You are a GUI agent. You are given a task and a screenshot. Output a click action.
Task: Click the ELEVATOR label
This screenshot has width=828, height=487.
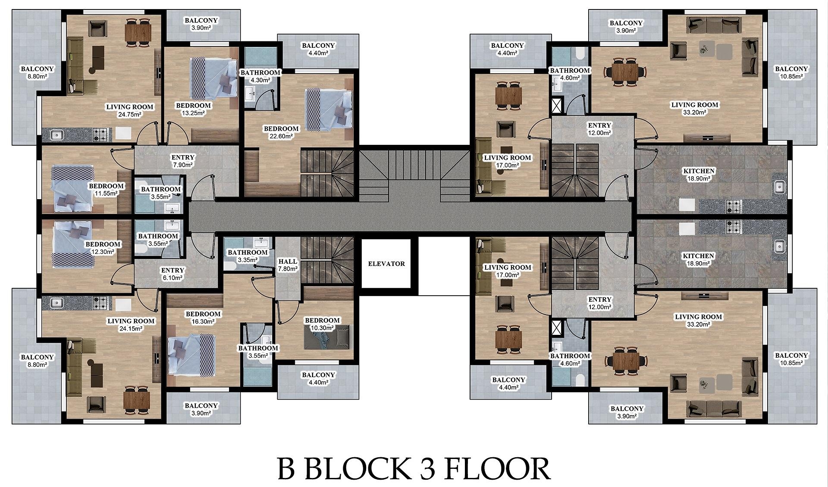point(386,264)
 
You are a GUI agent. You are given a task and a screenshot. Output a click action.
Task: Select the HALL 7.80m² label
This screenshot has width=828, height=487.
point(288,265)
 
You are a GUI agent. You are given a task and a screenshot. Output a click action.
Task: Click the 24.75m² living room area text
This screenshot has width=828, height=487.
point(130,114)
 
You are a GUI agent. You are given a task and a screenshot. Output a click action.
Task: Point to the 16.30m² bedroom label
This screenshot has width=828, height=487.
point(203,318)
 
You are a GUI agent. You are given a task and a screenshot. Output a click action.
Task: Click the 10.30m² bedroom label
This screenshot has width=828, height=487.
point(322,324)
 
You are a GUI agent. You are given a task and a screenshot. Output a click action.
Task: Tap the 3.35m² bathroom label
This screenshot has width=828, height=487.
point(248,256)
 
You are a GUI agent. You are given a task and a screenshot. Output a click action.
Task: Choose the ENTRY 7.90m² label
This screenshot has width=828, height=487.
point(183,161)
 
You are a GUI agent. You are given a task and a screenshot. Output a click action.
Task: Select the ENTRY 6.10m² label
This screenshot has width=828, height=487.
point(172,274)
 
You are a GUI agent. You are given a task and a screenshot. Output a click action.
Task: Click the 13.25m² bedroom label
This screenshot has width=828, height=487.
point(193,109)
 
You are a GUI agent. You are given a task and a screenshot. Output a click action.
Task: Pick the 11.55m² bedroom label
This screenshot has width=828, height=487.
point(106,190)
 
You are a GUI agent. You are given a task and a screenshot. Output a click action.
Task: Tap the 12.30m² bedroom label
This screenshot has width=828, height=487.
point(103,248)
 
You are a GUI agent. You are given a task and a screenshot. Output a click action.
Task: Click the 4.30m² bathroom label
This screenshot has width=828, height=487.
point(260,76)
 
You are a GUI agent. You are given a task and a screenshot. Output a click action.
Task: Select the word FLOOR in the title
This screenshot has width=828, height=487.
point(497,468)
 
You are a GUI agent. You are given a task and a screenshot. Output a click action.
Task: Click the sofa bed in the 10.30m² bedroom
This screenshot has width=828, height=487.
point(327,338)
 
